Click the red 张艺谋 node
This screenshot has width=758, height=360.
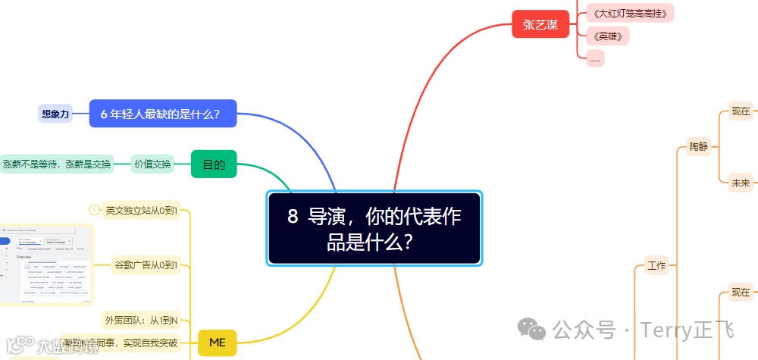(540, 25)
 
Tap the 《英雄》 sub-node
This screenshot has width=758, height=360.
(597, 36)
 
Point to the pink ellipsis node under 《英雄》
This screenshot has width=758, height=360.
(595, 58)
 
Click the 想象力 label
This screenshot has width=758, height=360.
(55, 114)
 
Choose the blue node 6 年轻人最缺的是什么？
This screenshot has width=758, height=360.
(162, 114)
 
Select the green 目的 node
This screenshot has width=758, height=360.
(214, 164)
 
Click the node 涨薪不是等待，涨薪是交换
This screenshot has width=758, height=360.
(56, 164)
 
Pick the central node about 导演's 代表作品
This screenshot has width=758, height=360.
(374, 228)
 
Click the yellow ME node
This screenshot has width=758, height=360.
(217, 343)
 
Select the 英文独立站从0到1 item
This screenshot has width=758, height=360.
(143, 210)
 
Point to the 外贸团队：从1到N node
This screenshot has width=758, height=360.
(144, 318)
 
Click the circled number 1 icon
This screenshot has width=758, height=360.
(94, 210)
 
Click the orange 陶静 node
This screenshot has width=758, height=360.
(698, 146)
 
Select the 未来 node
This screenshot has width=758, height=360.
(740, 182)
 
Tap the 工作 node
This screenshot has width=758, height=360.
(656, 266)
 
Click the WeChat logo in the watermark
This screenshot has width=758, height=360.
(531, 330)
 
